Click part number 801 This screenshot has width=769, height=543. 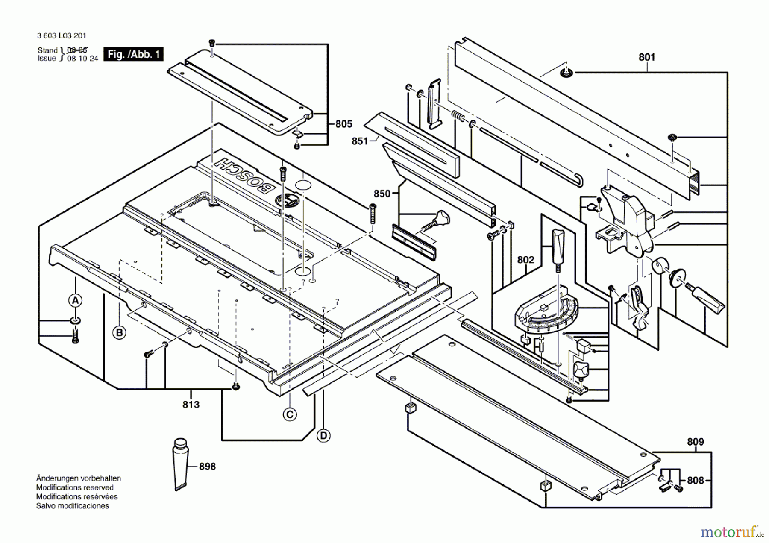click(x=646, y=57)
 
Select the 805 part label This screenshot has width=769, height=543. click(x=343, y=124)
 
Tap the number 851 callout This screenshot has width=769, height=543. click(x=360, y=141)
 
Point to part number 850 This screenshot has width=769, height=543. click(x=382, y=194)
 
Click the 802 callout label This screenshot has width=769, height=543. click(x=525, y=260)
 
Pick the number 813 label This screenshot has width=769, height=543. click(x=191, y=405)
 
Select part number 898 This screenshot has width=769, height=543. click(x=207, y=467)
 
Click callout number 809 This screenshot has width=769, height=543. click(x=695, y=442)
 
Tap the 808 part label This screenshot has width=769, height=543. click(x=695, y=481)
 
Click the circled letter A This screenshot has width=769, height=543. click(x=75, y=301)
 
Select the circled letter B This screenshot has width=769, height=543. click(x=119, y=333)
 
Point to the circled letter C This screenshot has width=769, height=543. click(x=290, y=414)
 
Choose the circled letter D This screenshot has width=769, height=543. click(x=323, y=436)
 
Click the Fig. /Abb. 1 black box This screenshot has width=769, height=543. click(x=134, y=54)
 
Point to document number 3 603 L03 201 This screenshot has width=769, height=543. click(x=62, y=36)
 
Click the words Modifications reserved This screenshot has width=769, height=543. click(x=75, y=487)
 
